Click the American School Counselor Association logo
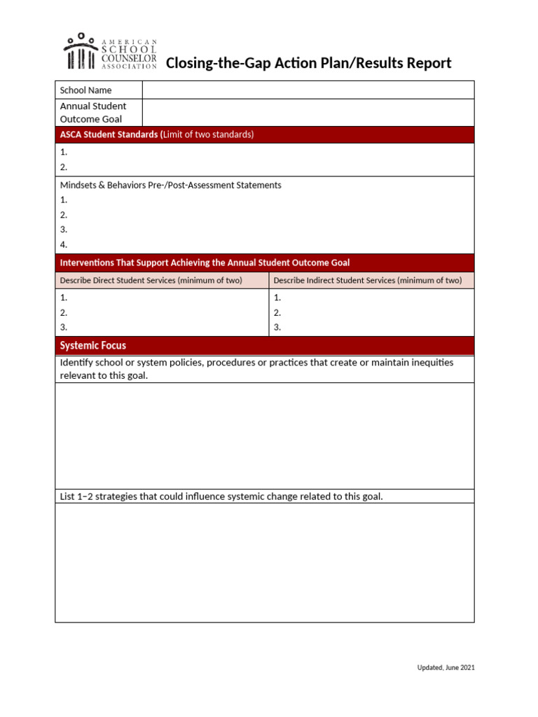[110, 52]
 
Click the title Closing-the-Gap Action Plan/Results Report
[308, 64]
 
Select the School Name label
[85, 90]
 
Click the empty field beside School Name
[308, 90]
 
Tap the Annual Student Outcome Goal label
[93, 113]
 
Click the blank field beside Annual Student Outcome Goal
[308, 113]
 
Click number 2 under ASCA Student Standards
[64, 167]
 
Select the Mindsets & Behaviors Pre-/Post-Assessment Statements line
[171, 186]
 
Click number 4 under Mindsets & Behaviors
[64, 245]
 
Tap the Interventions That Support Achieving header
[205, 263]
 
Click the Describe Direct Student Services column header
[151, 281]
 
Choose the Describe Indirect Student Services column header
[367, 281]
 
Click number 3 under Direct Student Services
[64, 327]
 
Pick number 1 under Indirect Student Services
[277, 298]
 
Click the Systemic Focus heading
[93, 346]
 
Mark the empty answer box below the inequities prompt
[265, 436]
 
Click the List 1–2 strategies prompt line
[221, 496]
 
